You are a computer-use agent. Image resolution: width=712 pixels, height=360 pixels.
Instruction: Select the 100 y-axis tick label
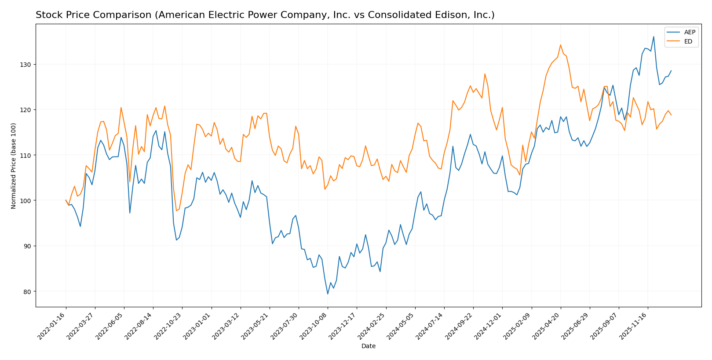[26, 200]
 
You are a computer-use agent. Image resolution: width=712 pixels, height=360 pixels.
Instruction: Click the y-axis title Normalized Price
[14, 166]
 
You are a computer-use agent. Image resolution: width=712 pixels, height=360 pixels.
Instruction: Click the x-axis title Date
[368, 346]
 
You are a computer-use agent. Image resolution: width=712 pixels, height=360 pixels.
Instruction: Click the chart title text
[265, 15]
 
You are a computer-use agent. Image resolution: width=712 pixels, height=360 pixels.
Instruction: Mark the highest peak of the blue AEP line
[654, 36]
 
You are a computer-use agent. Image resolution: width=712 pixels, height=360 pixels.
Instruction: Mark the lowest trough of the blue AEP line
[328, 294]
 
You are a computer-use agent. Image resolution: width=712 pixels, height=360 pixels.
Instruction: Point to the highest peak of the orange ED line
[560, 45]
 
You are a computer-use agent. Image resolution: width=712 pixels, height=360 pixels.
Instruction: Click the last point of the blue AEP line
[671, 71]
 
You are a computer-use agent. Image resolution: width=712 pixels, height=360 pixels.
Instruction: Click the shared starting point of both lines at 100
[66, 200]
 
